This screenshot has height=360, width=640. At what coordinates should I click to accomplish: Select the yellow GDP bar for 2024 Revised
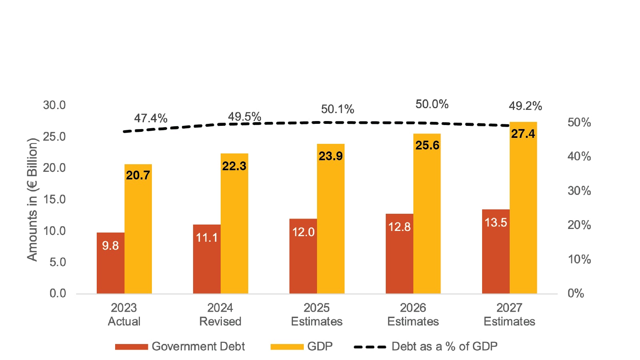coord(234,223)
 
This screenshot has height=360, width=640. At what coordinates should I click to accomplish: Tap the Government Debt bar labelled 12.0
coord(303,256)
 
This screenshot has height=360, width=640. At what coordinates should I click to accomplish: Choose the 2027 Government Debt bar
coord(496,251)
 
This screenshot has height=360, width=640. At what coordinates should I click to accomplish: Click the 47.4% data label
coord(151,118)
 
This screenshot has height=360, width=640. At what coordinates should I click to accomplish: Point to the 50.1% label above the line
coord(337,109)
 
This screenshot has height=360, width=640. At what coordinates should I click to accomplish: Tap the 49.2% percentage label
coord(525,106)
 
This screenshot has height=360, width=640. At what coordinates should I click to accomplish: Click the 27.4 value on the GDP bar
coord(523,134)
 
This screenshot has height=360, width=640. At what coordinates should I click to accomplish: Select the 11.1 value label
coord(207,238)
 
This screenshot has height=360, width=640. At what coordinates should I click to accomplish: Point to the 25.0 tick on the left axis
coord(54,136)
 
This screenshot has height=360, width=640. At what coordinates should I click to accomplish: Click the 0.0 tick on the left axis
coord(58,293)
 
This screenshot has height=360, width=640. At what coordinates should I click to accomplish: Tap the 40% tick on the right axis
coord(579,156)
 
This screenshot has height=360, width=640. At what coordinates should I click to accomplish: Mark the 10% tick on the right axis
coord(579,259)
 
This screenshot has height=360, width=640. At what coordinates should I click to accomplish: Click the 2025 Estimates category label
coord(317,314)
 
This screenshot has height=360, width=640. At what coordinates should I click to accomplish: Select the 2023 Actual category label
coord(124,314)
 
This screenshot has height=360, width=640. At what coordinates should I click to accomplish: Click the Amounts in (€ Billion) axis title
coord(32,199)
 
